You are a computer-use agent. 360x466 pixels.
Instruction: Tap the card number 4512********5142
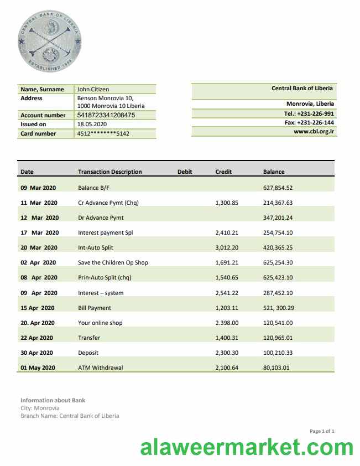tap(103, 133)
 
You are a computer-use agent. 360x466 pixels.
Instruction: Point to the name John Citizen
tap(93, 89)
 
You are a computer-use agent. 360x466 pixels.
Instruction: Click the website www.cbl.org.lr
tap(314, 132)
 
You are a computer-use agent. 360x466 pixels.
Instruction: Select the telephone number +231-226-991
tap(312, 113)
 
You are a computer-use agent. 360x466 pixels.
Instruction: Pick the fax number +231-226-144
tap(312, 122)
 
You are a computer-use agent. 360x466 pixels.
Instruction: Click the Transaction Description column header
tap(109, 172)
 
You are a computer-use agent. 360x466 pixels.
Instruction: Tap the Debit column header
tap(185, 172)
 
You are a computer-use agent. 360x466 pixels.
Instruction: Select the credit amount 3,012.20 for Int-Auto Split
tap(226, 247)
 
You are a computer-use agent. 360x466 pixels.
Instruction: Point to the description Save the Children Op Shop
tap(113, 262)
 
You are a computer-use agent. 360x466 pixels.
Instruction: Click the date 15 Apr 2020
tap(38, 308)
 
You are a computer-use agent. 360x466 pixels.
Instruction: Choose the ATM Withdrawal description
tap(101, 367)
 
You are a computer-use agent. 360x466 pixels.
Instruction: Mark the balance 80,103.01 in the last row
tap(276, 367)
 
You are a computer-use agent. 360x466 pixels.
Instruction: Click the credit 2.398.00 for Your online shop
tap(226, 323)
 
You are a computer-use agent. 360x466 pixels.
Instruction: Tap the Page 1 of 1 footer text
tap(322, 431)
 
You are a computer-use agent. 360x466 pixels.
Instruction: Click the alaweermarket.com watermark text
tap(247, 447)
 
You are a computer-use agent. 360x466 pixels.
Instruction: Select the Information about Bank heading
tap(53, 400)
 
